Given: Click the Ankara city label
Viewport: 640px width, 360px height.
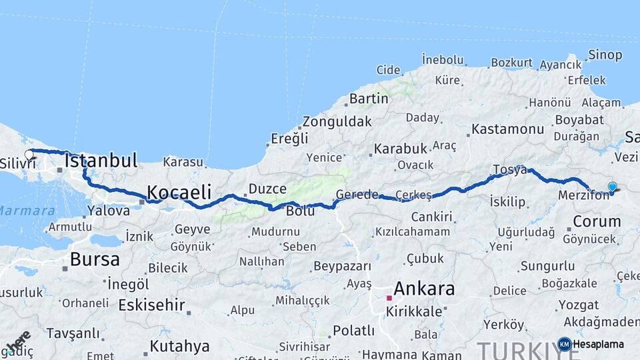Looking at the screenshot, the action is tap(424, 289).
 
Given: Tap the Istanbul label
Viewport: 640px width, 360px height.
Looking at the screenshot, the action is tap(101, 161).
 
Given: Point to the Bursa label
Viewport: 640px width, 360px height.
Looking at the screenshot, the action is tap(95, 259).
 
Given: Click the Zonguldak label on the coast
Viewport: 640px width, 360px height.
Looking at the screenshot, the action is tap(337, 122).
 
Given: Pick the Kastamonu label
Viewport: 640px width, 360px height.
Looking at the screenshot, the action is tap(508, 129).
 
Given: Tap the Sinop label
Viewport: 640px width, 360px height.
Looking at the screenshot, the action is tap(605, 55).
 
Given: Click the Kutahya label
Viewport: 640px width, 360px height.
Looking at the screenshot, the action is tap(179, 346).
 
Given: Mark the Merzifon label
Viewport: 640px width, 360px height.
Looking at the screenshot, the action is tap(583, 195).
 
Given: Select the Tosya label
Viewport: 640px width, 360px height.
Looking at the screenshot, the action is tap(510, 169).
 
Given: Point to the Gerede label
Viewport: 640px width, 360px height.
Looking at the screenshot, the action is tap(357, 195).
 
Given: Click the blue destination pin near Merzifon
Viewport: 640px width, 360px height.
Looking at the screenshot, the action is tap(613, 187).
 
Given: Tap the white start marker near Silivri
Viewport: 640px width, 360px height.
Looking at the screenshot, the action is tap(29, 155).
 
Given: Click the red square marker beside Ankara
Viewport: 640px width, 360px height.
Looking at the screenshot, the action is tap(389, 298).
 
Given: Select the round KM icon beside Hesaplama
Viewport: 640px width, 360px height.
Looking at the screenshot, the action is tap(564, 344).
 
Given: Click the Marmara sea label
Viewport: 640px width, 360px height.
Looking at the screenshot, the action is tap(27, 211).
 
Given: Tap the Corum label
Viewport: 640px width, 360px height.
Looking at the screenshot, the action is tap(597, 221).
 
